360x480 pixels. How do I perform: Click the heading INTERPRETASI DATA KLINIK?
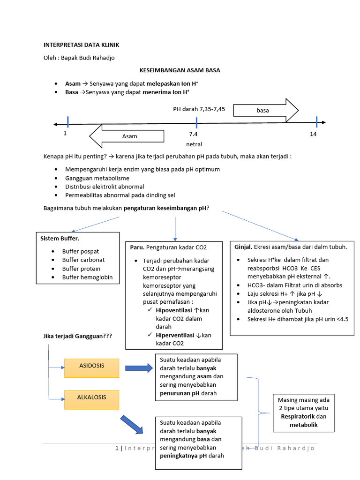click(81, 45)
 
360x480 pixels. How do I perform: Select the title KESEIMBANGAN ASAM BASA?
click(180, 70)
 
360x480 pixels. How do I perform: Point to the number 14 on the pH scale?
click(313, 135)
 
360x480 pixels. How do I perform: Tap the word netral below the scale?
click(194, 144)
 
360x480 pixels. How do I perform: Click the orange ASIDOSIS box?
click(91, 366)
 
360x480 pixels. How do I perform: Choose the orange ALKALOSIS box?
click(91, 397)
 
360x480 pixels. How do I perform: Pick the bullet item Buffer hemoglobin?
click(87, 277)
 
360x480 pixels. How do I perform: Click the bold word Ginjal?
click(243, 247)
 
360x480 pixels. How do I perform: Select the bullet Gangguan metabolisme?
click(97, 178)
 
